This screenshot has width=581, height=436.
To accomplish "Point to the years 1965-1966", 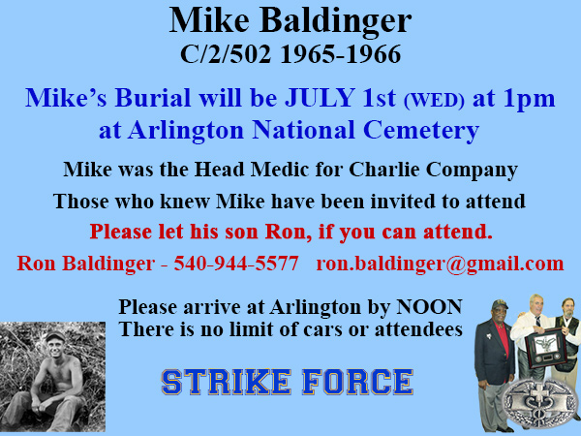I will (x=339, y=52).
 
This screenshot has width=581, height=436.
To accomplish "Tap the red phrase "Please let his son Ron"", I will (x=199, y=233).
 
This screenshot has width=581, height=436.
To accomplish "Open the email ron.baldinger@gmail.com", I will (x=440, y=264).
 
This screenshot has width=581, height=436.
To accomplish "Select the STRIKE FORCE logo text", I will (x=287, y=380).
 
